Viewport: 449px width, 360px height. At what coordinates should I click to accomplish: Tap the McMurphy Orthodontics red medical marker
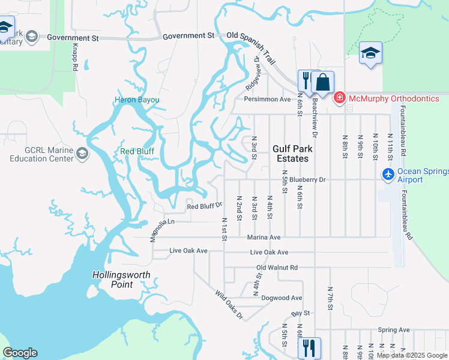click(x=339, y=98)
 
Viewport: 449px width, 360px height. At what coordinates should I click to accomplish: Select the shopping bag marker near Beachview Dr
click(x=322, y=82)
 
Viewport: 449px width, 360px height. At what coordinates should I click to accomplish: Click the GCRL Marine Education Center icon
click(x=82, y=155)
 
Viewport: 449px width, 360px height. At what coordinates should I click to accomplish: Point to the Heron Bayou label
click(x=137, y=100)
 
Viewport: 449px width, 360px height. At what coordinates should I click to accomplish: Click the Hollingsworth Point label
click(x=121, y=280)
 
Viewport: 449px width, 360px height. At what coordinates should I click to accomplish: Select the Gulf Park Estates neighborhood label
click(x=291, y=154)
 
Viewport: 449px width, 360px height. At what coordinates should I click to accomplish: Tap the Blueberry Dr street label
click(x=307, y=179)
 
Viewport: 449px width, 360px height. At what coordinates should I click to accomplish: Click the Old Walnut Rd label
click(x=277, y=267)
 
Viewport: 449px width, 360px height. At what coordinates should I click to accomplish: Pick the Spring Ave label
click(x=394, y=329)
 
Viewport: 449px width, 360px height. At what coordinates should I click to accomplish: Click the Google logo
click(x=20, y=353)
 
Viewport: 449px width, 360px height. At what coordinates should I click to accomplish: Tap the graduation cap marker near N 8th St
click(x=370, y=53)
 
